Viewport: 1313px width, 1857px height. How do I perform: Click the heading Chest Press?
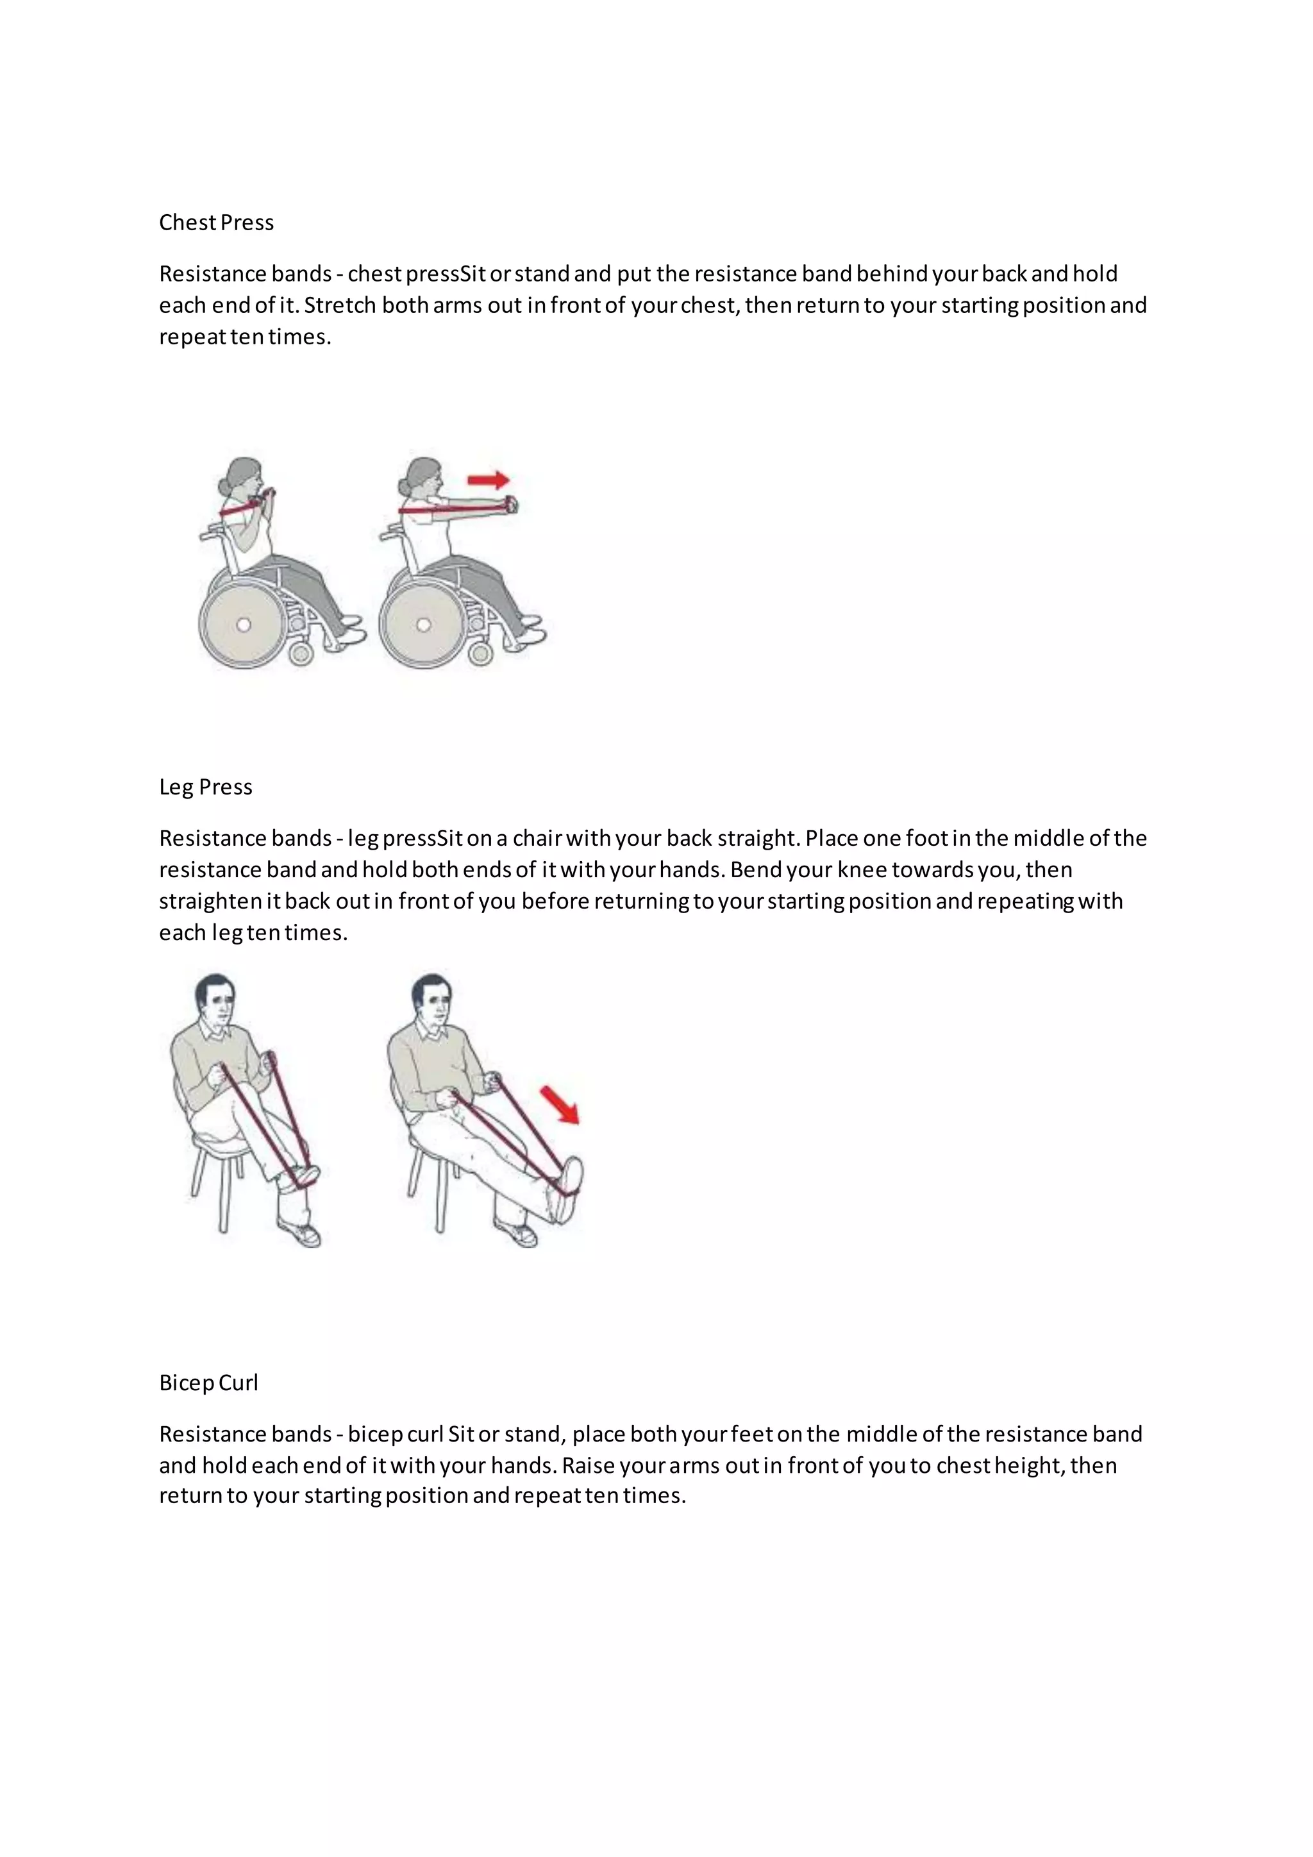[216, 223]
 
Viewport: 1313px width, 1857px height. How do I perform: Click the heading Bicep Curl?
[208, 1383]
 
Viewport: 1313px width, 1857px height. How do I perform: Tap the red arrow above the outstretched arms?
[489, 480]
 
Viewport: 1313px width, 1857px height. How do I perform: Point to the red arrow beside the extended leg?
[560, 1105]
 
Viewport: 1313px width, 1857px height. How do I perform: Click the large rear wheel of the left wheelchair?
[242, 625]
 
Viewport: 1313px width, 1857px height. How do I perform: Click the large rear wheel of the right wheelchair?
[422, 625]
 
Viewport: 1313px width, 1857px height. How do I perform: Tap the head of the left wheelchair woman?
[241, 478]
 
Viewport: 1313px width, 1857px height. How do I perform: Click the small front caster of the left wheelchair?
[301, 653]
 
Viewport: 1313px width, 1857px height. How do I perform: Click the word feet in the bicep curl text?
[752, 1434]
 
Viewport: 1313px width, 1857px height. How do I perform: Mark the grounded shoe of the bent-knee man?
[300, 1234]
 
